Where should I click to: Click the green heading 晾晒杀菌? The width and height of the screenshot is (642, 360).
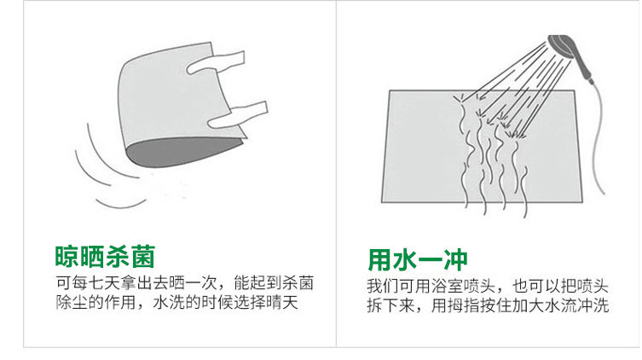point(105,257)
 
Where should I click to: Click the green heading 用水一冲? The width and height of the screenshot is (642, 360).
point(418,259)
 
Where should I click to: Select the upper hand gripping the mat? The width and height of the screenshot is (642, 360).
point(217,62)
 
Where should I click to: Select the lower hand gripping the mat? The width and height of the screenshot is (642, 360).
point(238,115)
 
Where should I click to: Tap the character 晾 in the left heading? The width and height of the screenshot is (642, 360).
point(67,257)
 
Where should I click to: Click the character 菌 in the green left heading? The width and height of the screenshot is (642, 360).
point(143,257)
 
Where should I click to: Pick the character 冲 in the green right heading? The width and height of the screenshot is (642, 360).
point(455,259)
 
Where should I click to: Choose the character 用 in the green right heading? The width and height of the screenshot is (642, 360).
point(380,259)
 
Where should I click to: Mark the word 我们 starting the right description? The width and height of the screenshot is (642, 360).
point(383,286)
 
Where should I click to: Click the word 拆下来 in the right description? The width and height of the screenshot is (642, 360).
point(390,305)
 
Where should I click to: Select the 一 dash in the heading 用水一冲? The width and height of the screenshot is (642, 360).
point(431,260)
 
